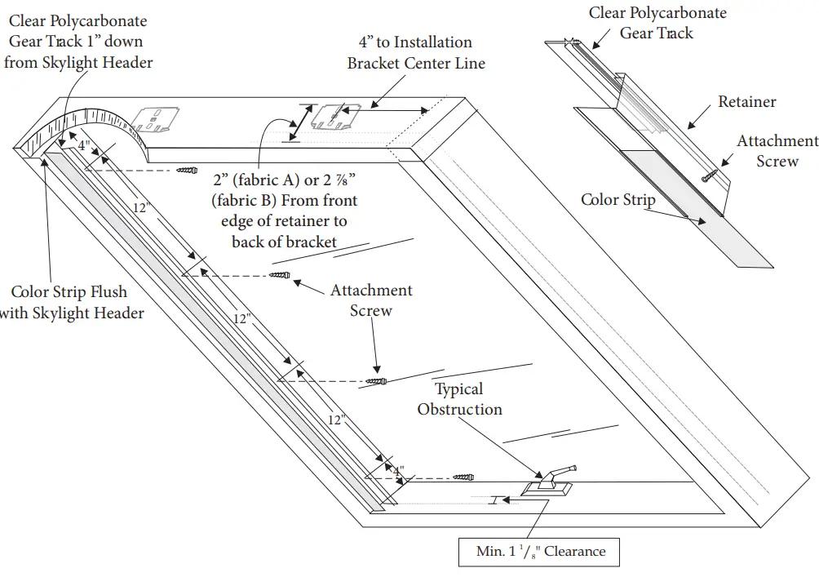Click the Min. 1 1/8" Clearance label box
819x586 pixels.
pyautogui.click(x=541, y=551)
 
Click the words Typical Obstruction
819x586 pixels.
pyautogui.click(x=459, y=399)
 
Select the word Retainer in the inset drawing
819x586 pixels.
pyautogui.click(x=746, y=102)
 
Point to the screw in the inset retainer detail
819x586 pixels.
pyautogui.click(x=709, y=175)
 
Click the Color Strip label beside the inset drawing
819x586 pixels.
pyautogui.click(x=618, y=199)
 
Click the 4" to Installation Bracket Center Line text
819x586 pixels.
pyautogui.click(x=416, y=52)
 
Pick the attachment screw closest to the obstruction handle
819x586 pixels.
pyautogui.click(x=463, y=476)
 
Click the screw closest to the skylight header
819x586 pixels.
pyautogui.click(x=187, y=171)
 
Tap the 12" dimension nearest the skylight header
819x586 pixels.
pyautogui.click(x=141, y=209)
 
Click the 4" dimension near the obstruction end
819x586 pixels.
pyautogui.click(x=398, y=471)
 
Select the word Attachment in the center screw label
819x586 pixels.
pyautogui.click(x=371, y=291)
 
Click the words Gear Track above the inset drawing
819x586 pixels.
pyautogui.click(x=657, y=33)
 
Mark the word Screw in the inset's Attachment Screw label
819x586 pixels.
pyautogui.click(x=777, y=161)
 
